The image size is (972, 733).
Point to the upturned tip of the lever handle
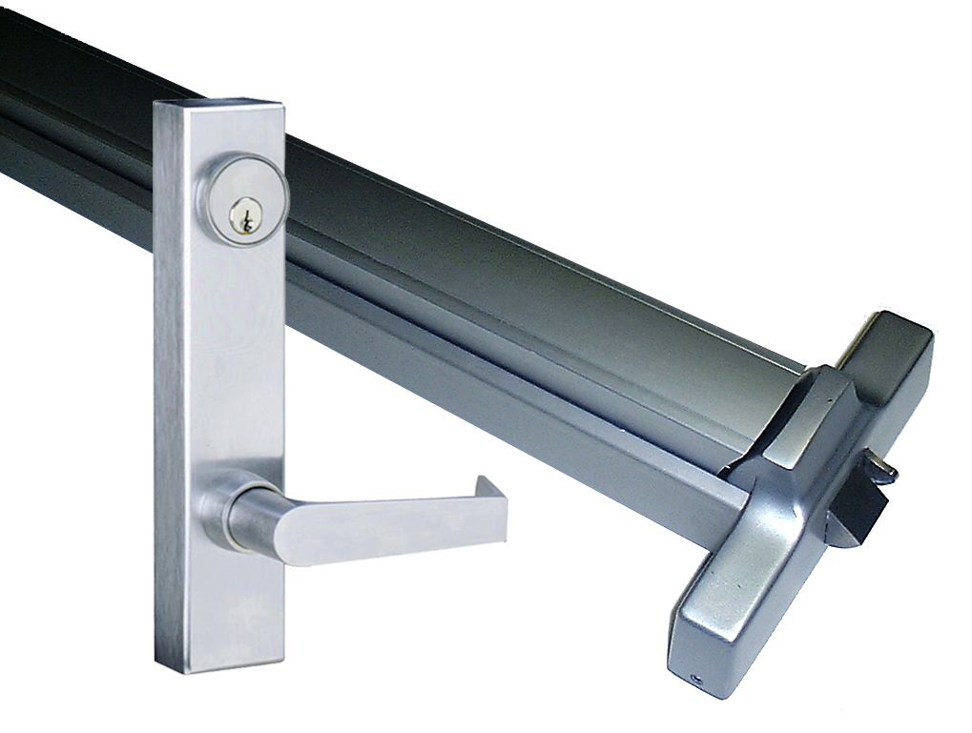click(x=492, y=489)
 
